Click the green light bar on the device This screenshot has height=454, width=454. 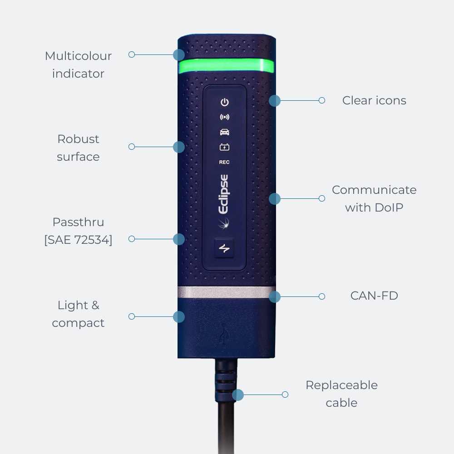point(226,66)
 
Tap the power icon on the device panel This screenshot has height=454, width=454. point(225,102)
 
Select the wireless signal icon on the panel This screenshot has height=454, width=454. point(225,117)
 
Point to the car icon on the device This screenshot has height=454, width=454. point(225,132)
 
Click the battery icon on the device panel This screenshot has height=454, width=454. point(224,147)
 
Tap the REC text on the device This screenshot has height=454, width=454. point(224,162)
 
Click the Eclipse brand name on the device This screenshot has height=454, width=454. point(223,194)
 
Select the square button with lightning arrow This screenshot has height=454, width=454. point(224,248)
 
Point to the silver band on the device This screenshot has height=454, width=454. point(227,292)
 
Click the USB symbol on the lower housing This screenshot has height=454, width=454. point(224,334)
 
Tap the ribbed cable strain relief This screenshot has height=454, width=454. point(226,381)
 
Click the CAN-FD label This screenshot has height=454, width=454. point(374,296)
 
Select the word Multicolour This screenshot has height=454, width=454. point(78,56)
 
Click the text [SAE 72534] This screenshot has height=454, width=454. point(78,240)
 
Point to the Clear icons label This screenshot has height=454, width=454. point(374,100)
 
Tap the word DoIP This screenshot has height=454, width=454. point(389,207)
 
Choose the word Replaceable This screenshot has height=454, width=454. point(342,385)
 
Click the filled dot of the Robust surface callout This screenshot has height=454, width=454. point(179,147)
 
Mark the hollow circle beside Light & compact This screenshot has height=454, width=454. point(132,316)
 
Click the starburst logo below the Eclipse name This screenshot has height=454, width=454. point(223,223)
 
